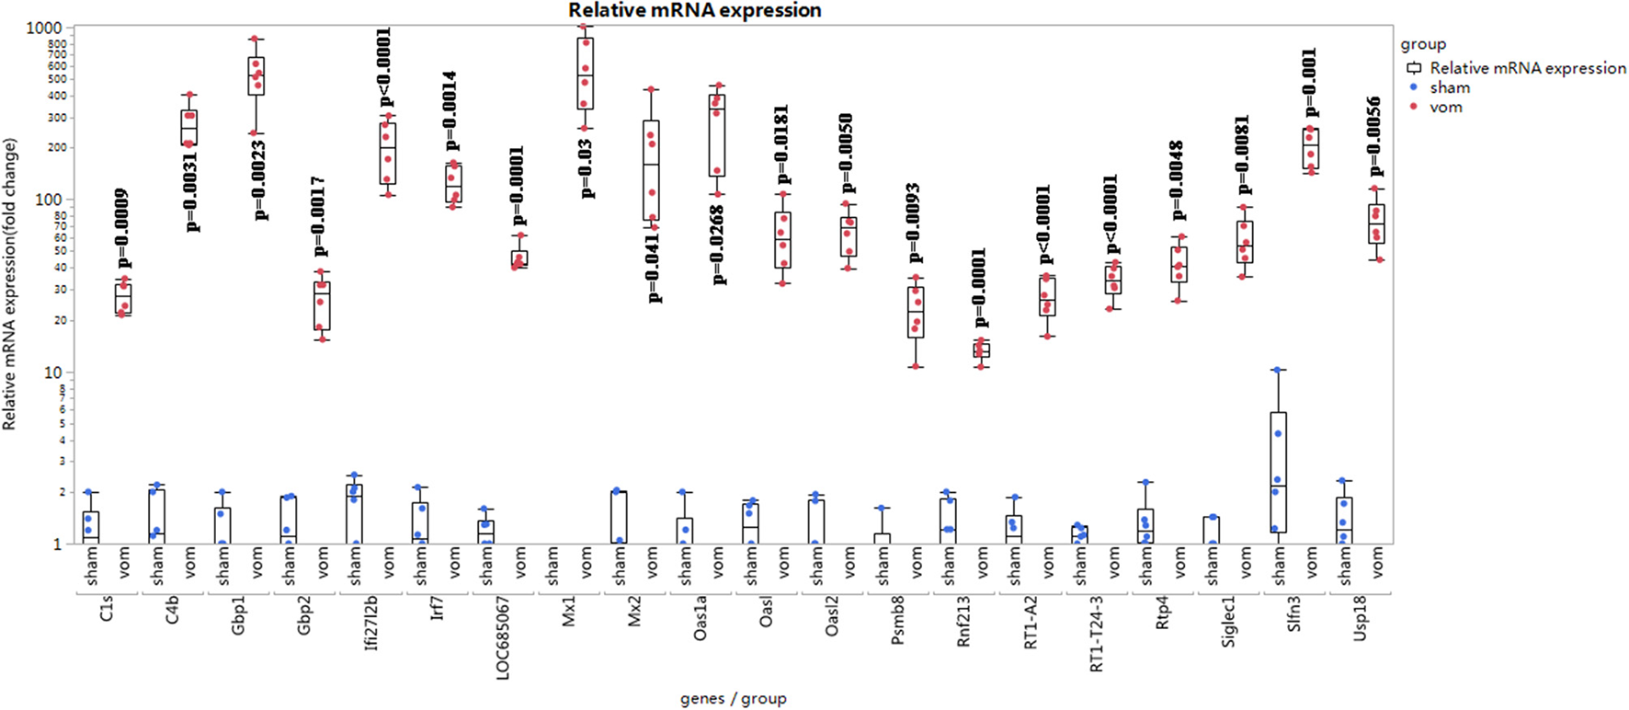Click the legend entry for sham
coord(1450,87)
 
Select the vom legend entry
coord(1445,108)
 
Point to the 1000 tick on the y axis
coord(43,28)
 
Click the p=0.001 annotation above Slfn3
coord(1311,83)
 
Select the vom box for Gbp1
coord(256,75)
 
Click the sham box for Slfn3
coord(1277,472)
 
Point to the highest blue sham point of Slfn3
coord(1277,370)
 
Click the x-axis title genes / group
coord(733,699)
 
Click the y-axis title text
coord(10,283)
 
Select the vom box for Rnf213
coord(982,349)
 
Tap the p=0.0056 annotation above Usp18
coord(1375,136)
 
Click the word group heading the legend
coord(1423,45)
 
